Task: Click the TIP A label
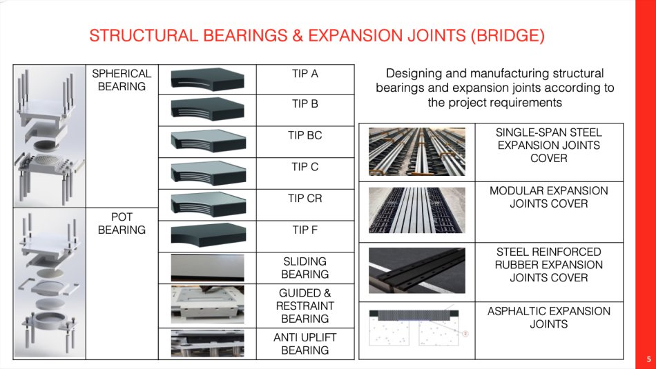305,74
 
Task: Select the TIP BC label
305,135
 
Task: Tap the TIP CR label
305,199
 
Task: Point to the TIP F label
305,230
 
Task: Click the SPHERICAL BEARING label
122,80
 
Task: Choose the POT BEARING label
122,223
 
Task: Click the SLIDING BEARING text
305,268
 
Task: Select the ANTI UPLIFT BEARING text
305,343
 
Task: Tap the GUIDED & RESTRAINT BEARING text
305,306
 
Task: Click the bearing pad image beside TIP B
208,110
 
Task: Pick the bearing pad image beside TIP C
208,172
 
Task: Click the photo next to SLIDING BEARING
208,268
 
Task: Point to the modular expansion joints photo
416,210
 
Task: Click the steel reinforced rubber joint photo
416,270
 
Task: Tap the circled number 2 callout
465,333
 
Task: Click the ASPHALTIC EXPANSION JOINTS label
548,317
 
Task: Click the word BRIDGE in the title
508,36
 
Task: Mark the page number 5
649,359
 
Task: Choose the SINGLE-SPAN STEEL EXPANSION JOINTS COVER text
548,146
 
